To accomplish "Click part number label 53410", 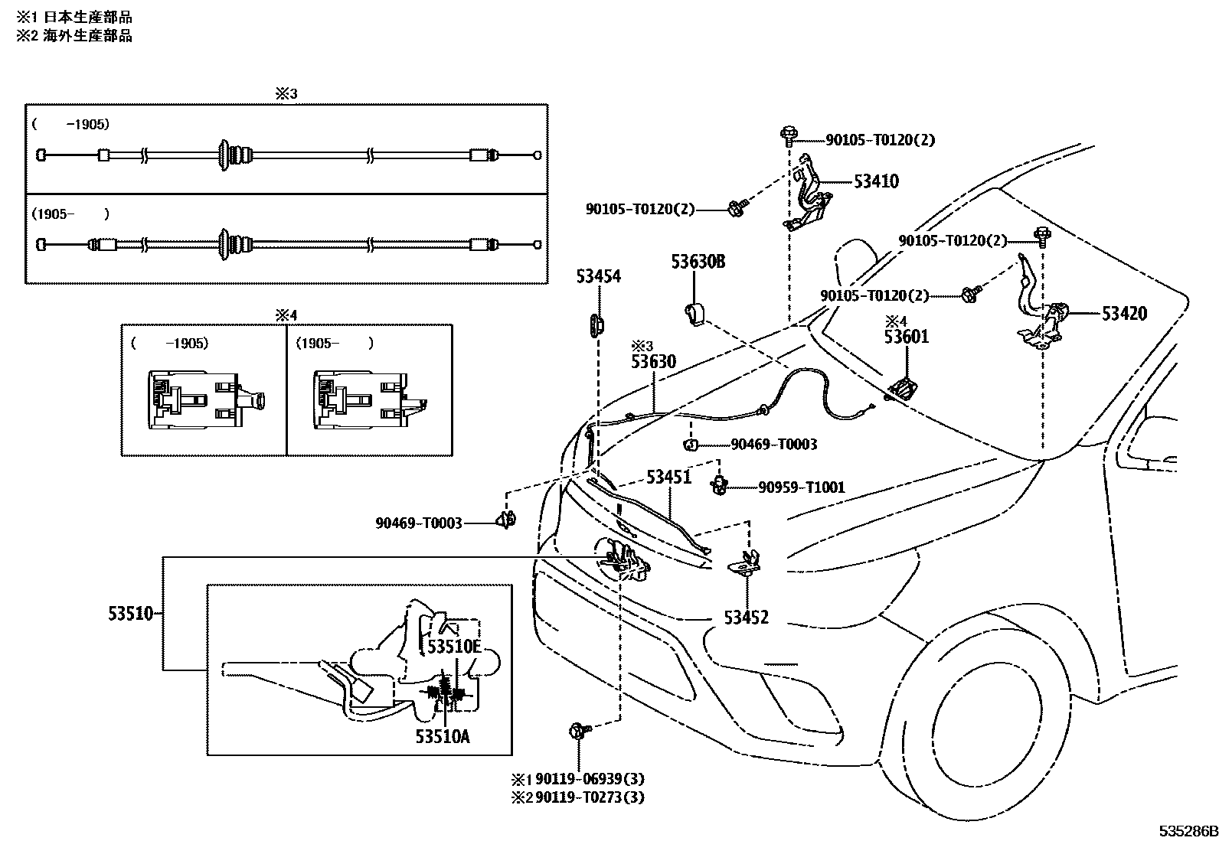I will coord(876,181).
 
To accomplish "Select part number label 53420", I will coord(1124,313).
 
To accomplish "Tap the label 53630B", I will coord(698,262).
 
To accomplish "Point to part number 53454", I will coord(598,277).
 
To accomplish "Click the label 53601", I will coord(907,337).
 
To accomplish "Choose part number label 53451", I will coord(668,478).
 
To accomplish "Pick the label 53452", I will coord(746,618).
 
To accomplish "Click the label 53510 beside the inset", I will coord(131,614).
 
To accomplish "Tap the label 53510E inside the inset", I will coord(453,647).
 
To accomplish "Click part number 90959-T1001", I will coord(801,487).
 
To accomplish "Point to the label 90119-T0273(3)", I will coord(589,797).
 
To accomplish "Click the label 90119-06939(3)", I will coord(589,779).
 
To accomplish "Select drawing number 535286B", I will coord(1186,831).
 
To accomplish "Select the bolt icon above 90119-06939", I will coord(577,731).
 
